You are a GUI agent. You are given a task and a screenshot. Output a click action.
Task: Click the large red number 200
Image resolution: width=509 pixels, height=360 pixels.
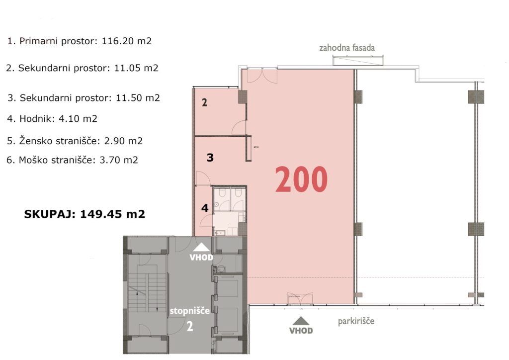(301, 179)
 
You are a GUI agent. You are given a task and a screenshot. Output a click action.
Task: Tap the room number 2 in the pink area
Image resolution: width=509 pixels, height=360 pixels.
(204, 102)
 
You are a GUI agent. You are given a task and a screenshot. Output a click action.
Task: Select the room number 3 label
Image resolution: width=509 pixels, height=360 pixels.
(210, 158)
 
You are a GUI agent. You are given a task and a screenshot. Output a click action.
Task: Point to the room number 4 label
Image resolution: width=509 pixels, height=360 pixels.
(205, 208)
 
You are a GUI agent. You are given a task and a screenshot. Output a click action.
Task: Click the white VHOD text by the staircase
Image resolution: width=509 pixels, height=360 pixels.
(201, 258)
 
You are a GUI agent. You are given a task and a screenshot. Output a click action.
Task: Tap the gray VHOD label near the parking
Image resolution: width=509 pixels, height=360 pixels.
(301, 331)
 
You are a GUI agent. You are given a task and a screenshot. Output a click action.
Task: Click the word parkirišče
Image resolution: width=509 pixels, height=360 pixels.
(356, 321)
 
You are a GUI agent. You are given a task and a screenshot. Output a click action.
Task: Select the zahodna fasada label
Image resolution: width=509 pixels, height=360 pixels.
(347, 48)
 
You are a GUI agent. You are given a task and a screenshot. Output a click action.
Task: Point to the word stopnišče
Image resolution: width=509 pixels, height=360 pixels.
(189, 311)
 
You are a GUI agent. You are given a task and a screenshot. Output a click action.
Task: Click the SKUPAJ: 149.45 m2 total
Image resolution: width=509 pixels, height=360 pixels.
(85, 214)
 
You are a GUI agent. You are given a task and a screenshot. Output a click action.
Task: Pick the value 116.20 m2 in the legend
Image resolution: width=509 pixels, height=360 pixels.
(127, 41)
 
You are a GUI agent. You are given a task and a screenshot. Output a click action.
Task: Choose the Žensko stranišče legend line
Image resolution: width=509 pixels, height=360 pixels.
(75, 141)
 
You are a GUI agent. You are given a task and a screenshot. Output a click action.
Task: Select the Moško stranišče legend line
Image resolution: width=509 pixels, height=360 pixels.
(72, 160)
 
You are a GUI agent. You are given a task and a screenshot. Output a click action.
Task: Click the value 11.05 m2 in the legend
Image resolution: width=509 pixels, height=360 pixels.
(136, 68)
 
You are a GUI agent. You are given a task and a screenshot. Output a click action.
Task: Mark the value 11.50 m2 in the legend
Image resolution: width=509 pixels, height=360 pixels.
(138, 98)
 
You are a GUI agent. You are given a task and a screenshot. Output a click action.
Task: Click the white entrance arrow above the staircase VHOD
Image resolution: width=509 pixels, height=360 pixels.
(201, 247)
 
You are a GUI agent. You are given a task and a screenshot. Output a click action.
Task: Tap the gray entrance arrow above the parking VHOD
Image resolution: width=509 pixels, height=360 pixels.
(301, 321)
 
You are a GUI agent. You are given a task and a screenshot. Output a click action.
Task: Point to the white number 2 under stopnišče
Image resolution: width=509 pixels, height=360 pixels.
(190, 326)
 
